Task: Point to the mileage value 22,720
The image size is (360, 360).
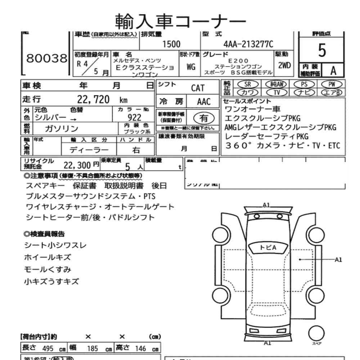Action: coord(93,100)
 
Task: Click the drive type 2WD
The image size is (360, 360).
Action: coord(284,66)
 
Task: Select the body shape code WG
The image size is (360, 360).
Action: coord(191,67)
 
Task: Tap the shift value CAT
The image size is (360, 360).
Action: coord(198,88)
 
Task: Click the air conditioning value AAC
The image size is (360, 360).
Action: coord(203,102)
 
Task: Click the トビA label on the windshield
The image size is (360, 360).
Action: coord(268,247)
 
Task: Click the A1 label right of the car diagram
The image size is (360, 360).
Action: coord(338,259)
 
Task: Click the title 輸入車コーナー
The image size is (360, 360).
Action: coord(180,22)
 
